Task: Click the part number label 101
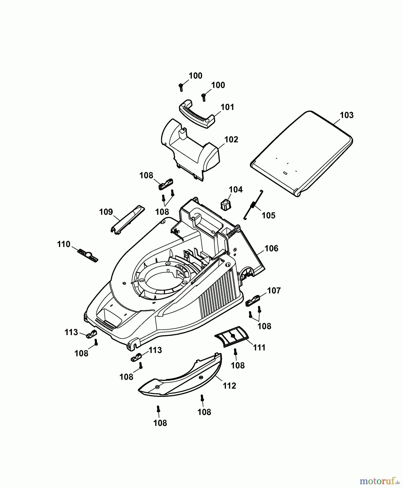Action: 227,107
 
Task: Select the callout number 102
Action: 231,140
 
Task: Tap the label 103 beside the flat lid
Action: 347,115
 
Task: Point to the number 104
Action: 236,190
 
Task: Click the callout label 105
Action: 268,216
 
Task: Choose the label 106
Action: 271,248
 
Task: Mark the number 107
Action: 274,291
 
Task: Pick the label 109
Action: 106,212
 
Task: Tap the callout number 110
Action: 64,244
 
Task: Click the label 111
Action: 259,347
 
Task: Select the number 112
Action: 229,386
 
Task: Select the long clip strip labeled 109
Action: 127,219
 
